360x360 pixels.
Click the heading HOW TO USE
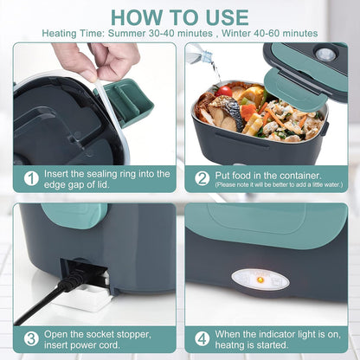pos(180,16)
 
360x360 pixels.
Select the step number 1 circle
pos(31,178)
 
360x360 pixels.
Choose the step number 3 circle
pos(31,338)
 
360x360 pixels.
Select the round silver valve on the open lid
pos(325,54)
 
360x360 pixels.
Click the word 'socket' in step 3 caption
pos(92,332)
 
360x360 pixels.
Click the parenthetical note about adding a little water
pos(279,184)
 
